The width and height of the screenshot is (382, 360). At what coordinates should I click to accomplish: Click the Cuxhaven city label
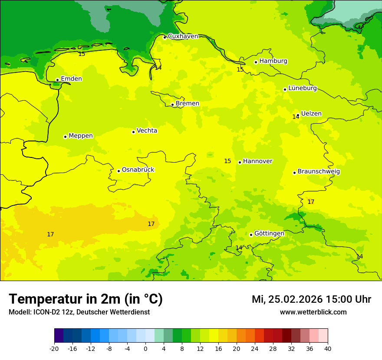tap(183, 36)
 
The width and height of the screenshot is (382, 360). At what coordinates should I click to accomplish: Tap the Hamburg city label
tap(273, 61)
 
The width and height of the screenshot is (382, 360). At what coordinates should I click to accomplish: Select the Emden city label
tap(71, 79)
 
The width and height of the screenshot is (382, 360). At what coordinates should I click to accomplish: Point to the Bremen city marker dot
tap(172, 105)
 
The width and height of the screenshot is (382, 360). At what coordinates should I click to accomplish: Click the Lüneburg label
tap(302, 88)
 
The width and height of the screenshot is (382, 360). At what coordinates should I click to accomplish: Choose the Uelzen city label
tap(311, 114)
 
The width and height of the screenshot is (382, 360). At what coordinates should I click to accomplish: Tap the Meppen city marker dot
tap(65, 137)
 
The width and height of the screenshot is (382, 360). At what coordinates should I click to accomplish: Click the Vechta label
tap(147, 131)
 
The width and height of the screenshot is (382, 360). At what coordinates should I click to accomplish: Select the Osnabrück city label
tap(138, 170)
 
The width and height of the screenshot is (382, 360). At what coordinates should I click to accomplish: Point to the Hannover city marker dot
tap(240, 162)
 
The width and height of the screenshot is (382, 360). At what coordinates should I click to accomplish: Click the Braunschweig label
tap(319, 172)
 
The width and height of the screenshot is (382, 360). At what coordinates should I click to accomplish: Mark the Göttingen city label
tap(269, 234)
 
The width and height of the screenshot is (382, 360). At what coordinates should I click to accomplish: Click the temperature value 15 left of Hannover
tap(227, 161)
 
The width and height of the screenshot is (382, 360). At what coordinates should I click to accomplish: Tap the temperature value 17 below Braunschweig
tap(311, 202)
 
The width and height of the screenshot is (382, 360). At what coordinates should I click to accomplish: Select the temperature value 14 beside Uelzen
tap(296, 117)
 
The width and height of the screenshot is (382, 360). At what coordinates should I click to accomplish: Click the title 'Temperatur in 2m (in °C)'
tap(86, 299)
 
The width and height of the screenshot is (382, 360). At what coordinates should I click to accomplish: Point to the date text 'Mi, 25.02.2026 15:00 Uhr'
tap(311, 299)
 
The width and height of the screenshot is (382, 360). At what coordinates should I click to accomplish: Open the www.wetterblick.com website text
tap(313, 312)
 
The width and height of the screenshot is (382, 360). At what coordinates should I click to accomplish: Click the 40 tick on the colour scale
tap(328, 349)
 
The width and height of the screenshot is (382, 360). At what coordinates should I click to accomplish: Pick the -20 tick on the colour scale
tap(54, 349)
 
